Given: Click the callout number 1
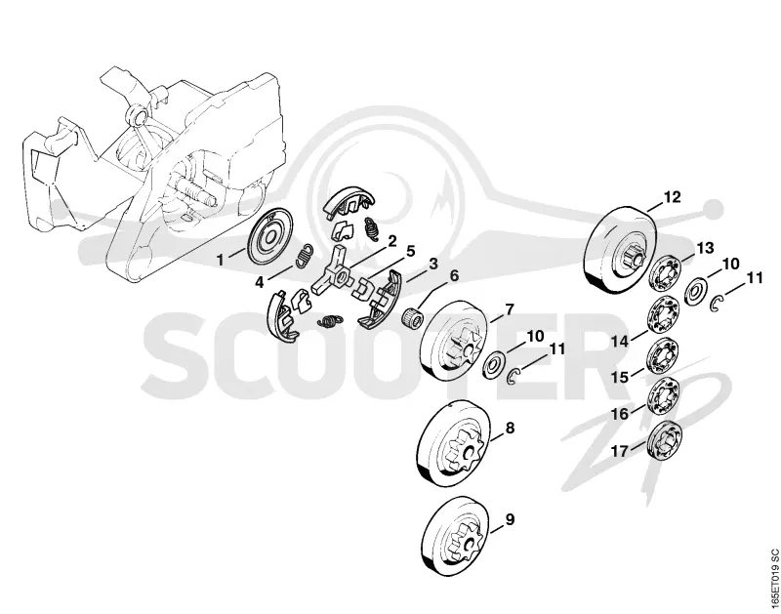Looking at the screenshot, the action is point(220,260).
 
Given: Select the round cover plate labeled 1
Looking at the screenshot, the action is point(269,236).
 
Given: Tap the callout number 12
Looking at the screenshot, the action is point(672,197).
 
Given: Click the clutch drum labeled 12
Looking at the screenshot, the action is point(619,250).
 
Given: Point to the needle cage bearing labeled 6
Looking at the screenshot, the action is point(412,316).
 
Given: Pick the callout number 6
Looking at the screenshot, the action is point(454,275).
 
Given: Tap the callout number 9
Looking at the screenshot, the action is point(510,519).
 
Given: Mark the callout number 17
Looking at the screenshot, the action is point(620,452).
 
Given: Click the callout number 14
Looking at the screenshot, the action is point(620,342).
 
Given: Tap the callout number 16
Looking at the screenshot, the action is point(620,414).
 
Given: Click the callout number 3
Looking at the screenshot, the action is point(433,264).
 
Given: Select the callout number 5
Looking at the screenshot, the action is point(410,251).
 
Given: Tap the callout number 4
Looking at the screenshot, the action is point(259,283).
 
